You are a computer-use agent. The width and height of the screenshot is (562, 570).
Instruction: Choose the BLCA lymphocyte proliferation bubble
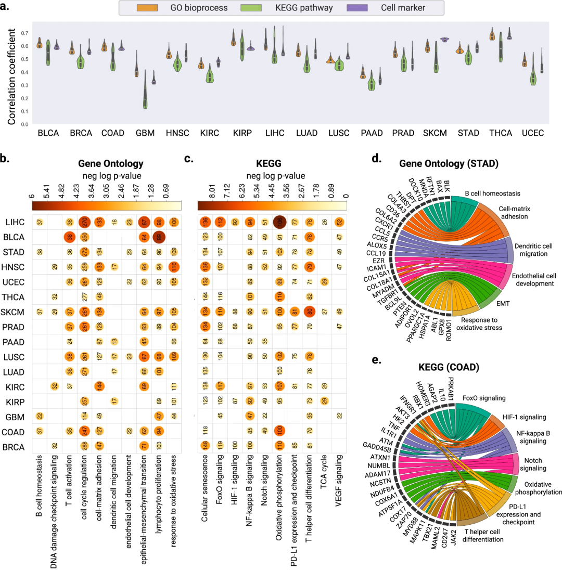coord(159,238)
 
